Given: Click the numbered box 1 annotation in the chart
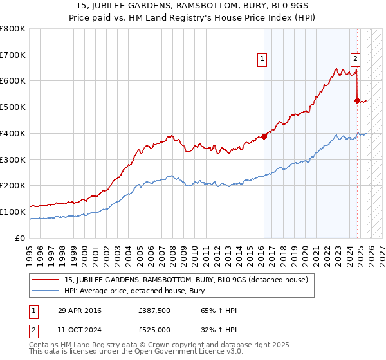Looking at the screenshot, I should [x=262, y=59].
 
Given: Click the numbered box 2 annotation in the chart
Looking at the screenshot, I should [x=355, y=59].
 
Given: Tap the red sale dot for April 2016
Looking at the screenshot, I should [x=263, y=136].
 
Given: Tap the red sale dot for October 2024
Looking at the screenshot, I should [x=357, y=100].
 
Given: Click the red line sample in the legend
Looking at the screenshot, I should [x=46, y=280].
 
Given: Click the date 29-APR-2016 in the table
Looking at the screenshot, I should [x=79, y=311].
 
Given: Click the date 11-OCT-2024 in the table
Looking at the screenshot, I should [x=79, y=330].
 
